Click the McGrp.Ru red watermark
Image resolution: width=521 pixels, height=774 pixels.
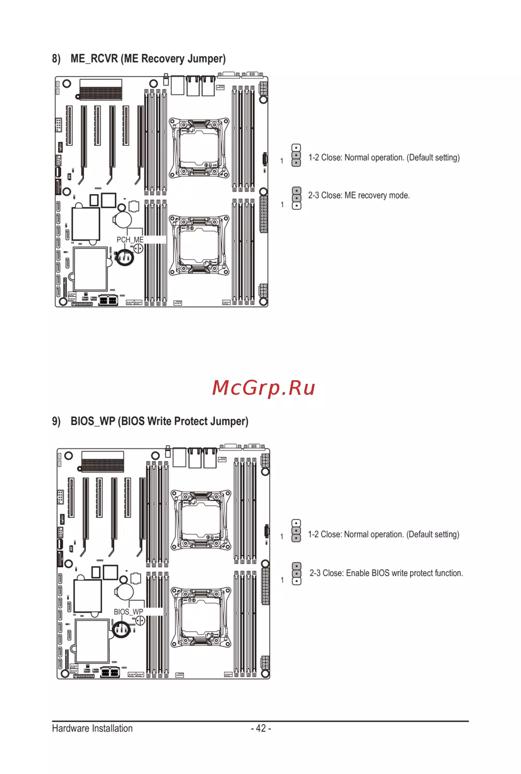pyautogui.click(x=264, y=388)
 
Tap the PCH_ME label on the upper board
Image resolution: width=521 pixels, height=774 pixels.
pyautogui.click(x=130, y=240)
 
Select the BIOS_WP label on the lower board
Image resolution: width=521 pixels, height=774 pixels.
pyautogui.click(x=128, y=611)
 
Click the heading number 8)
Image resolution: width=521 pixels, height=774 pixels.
pyautogui.click(x=56, y=58)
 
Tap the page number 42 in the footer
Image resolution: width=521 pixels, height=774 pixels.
pyautogui.click(x=261, y=728)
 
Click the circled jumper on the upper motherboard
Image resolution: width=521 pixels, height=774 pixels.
pyautogui.click(x=125, y=257)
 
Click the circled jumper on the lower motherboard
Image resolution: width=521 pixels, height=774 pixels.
pyautogui.click(x=121, y=629)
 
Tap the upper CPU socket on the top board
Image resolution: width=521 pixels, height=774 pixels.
pyautogui.click(x=199, y=148)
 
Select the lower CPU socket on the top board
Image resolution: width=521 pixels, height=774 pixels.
pyautogui.click(x=199, y=246)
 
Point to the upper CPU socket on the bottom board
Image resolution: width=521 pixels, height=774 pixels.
pyautogui.click(x=201, y=520)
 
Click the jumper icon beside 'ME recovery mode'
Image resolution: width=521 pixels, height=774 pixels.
pyautogui.click(x=296, y=198)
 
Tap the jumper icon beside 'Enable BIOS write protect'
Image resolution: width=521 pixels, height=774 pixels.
pyautogui.click(x=296, y=573)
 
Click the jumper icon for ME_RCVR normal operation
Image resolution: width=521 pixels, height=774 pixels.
pyautogui.click(x=296, y=155)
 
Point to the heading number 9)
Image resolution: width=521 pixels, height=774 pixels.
pyautogui.click(x=56, y=421)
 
